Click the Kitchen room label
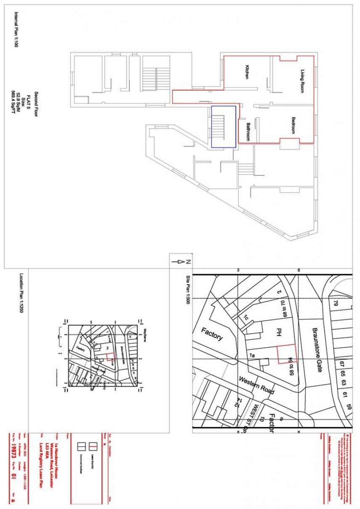click(247, 72)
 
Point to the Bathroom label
click(248, 132)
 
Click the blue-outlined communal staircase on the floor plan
click(223, 127)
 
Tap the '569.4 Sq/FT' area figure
click(14, 103)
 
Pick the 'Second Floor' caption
click(36, 103)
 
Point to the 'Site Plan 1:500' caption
click(188, 290)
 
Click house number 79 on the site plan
click(336, 303)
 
